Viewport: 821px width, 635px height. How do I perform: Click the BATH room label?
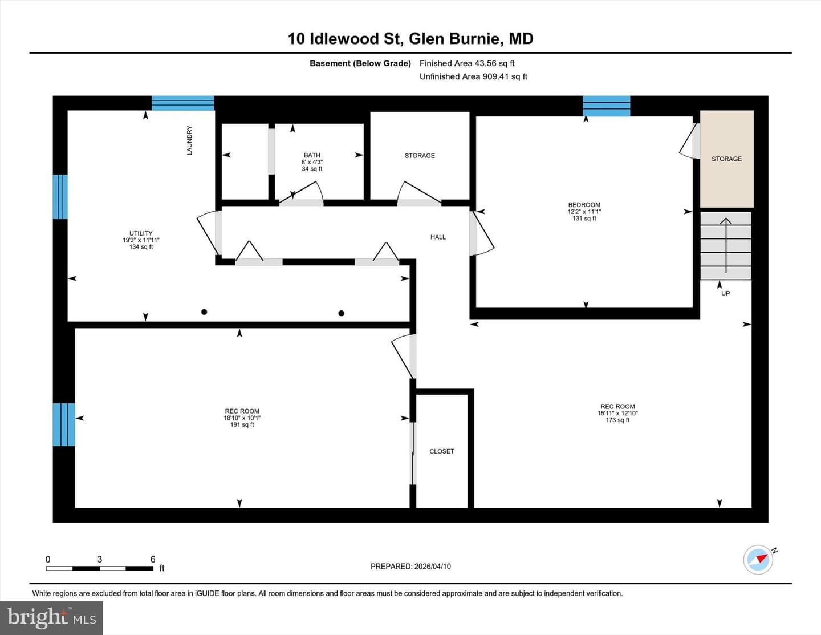click(x=312, y=155)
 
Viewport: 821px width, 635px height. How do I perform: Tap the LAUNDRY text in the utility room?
click(x=189, y=140)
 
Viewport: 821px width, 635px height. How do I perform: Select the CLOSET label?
click(x=442, y=451)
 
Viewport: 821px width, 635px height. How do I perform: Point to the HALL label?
click(x=438, y=237)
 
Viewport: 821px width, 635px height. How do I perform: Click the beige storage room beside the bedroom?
click(x=726, y=159)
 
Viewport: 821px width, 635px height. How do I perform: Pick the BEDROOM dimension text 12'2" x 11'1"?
click(x=584, y=212)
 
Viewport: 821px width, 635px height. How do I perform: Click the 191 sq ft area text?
click(x=242, y=424)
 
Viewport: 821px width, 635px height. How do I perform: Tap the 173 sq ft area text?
click(x=617, y=420)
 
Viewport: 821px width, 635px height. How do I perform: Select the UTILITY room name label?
click(x=141, y=233)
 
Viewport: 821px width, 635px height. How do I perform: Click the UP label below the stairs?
click(x=725, y=293)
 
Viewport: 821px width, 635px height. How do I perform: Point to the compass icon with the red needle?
click(x=758, y=560)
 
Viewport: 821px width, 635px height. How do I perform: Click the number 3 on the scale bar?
click(x=99, y=559)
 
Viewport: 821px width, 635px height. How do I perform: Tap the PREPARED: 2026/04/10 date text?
click(x=410, y=566)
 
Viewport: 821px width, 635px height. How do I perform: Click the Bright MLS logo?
click(x=51, y=618)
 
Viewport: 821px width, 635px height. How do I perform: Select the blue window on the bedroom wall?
click(x=607, y=106)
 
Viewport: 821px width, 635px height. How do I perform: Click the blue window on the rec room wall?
click(x=64, y=424)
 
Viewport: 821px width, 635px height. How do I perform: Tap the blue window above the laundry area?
click(x=183, y=103)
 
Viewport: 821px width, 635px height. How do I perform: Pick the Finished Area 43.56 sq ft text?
click(x=467, y=63)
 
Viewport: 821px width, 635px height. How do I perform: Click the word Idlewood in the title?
click(x=344, y=39)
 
